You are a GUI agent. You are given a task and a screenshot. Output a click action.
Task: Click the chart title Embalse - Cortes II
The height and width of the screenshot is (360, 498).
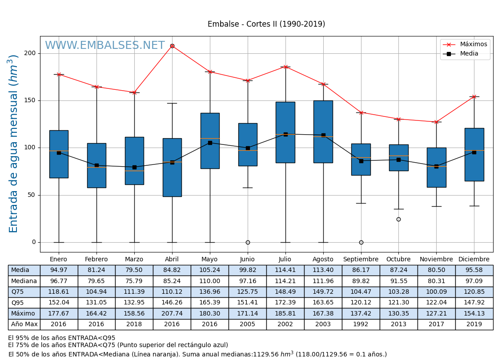coord(266,24)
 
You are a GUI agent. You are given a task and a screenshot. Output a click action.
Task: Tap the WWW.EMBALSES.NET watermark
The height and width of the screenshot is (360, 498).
coord(104,46)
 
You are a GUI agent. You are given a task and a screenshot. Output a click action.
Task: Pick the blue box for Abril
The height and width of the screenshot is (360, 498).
coord(172,168)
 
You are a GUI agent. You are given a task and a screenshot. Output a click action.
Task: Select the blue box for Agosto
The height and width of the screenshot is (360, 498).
coord(323,132)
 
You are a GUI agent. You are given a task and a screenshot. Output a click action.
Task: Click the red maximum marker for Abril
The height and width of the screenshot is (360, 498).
coord(172,46)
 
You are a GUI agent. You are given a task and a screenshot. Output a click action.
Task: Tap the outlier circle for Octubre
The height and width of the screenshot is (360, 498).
coord(398,219)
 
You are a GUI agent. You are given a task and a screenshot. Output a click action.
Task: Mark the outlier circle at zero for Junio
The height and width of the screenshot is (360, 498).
coord(248,242)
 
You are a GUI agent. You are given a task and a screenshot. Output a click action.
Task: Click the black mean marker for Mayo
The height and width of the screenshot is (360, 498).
coord(210,143)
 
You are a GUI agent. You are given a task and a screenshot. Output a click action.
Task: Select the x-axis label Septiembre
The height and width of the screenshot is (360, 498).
coord(361,260)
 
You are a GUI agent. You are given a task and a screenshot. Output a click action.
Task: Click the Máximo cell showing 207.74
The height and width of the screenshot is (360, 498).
coord(172,313)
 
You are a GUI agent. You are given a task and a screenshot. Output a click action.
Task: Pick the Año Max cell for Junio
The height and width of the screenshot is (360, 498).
coord(247,324)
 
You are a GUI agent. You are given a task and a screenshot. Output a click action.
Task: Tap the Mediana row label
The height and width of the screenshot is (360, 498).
coord(24,281)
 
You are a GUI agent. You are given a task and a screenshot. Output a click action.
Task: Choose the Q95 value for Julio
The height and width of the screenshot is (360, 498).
coord(285,303)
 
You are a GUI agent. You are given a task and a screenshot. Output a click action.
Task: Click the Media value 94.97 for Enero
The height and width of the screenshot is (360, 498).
coord(59,270)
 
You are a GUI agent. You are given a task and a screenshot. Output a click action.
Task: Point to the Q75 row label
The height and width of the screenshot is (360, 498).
coord(24,292)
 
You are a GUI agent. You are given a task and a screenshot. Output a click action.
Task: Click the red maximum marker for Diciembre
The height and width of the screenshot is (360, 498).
coord(474,96)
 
